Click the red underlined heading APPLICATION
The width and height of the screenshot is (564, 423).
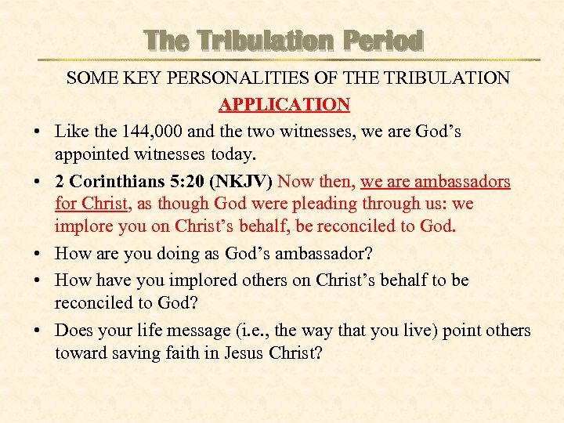[284, 105]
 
